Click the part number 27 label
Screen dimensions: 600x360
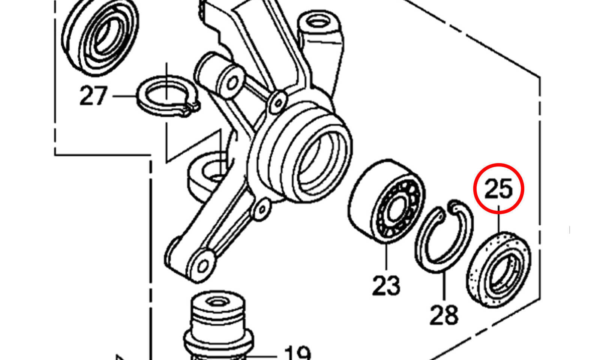pyautogui.click(x=93, y=95)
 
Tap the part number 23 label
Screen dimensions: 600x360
pyautogui.click(x=386, y=286)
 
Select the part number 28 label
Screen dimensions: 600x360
pyautogui.click(x=444, y=315)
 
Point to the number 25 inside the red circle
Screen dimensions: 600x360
pyautogui.click(x=498, y=189)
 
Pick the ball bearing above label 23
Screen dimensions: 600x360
pyautogui.click(x=387, y=201)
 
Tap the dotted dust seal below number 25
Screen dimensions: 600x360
pyautogui.click(x=499, y=270)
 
